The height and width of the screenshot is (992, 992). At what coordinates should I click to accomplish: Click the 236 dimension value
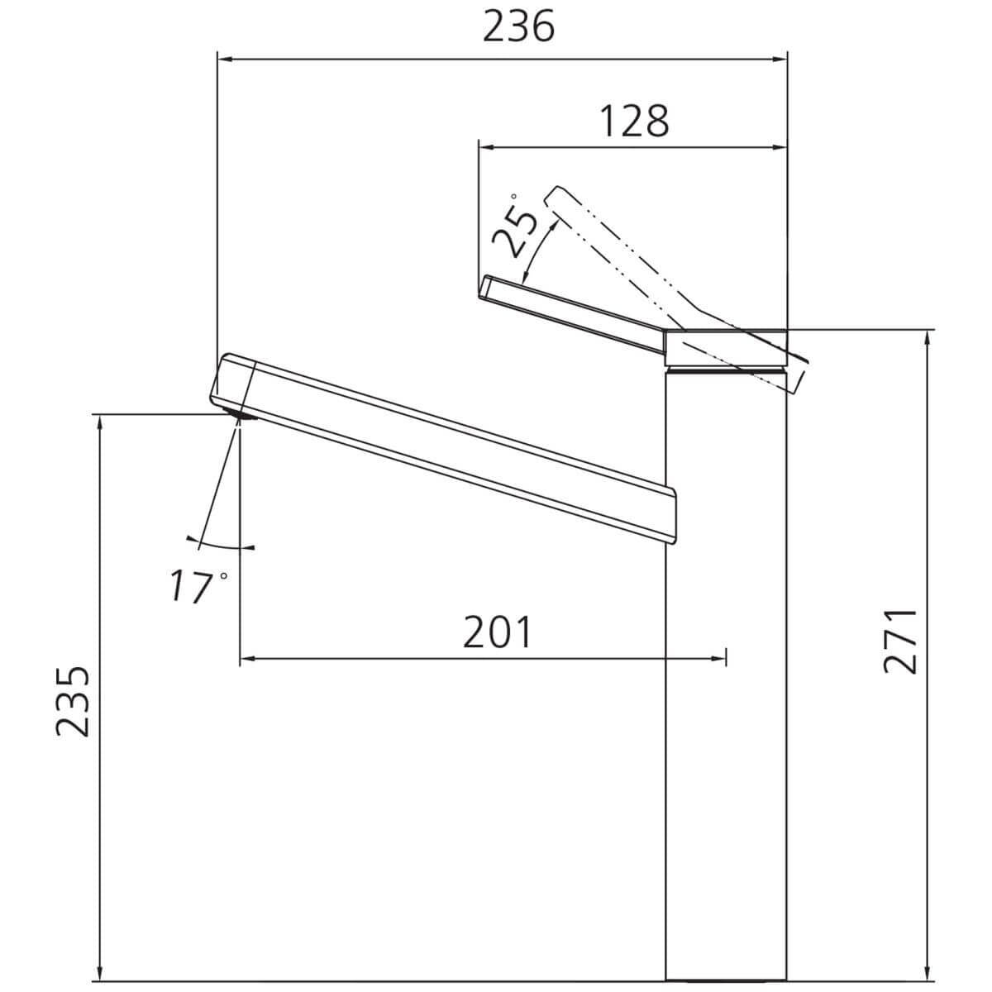tap(518, 26)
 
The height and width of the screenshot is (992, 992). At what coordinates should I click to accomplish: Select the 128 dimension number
tap(634, 121)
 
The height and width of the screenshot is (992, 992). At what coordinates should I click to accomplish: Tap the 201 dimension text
tap(498, 632)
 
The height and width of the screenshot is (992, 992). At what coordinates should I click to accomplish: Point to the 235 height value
tap(73, 702)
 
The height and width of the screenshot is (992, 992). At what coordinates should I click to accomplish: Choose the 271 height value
tap(900, 641)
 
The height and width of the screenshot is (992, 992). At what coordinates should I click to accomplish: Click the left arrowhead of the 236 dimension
tap(227, 60)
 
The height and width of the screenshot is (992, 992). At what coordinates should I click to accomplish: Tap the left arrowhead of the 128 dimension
tap(488, 148)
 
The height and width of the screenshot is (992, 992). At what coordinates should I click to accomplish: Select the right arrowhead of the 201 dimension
tap(717, 658)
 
